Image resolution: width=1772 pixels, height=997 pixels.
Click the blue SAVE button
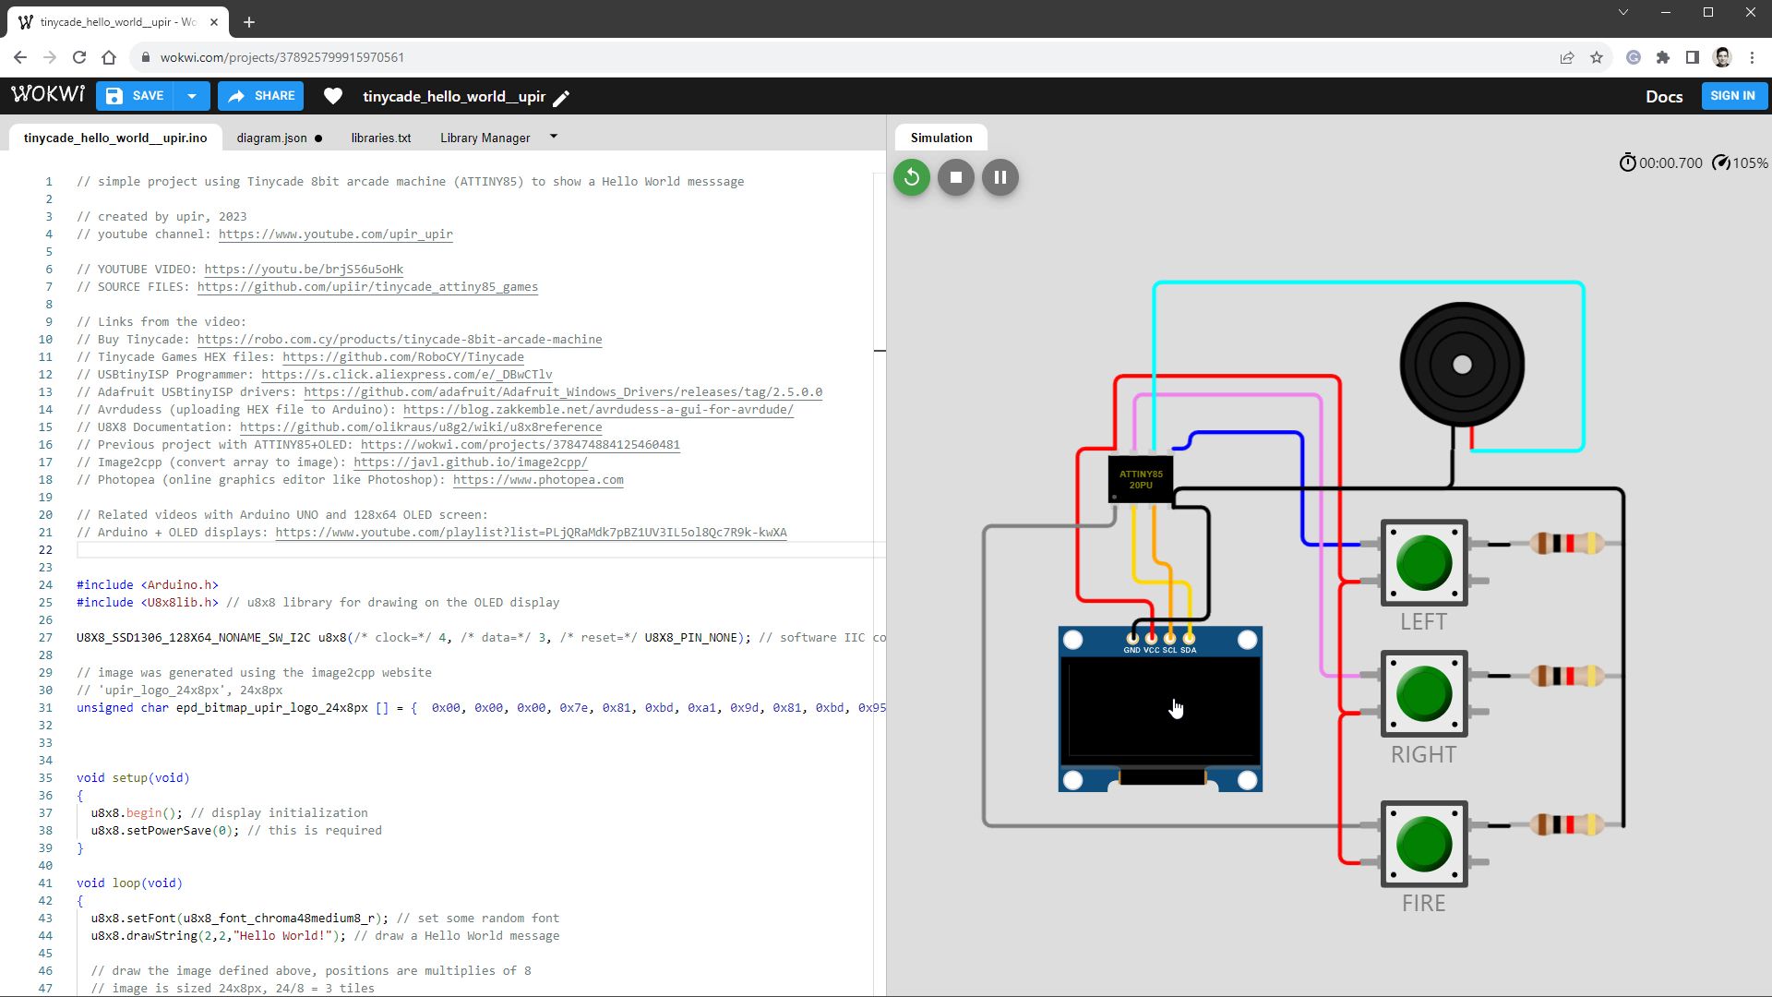tap(136, 96)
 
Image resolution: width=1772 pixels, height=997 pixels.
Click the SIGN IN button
tap(1732, 96)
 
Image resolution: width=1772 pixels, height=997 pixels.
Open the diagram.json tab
tap(271, 138)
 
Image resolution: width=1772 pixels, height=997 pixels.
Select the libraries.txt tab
tap(380, 138)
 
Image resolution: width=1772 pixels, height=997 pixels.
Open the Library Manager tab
tap(485, 138)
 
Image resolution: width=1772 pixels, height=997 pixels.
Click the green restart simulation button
tap(912, 177)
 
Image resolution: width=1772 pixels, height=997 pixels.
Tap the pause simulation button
tap(1000, 177)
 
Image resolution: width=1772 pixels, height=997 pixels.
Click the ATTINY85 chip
tap(1141, 479)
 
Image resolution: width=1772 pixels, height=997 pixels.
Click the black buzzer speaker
tap(1462, 365)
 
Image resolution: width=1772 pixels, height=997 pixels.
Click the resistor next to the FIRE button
tap(1567, 824)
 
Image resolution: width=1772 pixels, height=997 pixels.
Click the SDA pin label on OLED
tap(1189, 650)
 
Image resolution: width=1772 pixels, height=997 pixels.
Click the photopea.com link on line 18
tap(538, 480)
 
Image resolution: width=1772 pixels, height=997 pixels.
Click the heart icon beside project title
tap(333, 96)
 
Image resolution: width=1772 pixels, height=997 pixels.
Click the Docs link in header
tap(1663, 97)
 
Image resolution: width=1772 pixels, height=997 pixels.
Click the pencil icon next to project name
tap(561, 98)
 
